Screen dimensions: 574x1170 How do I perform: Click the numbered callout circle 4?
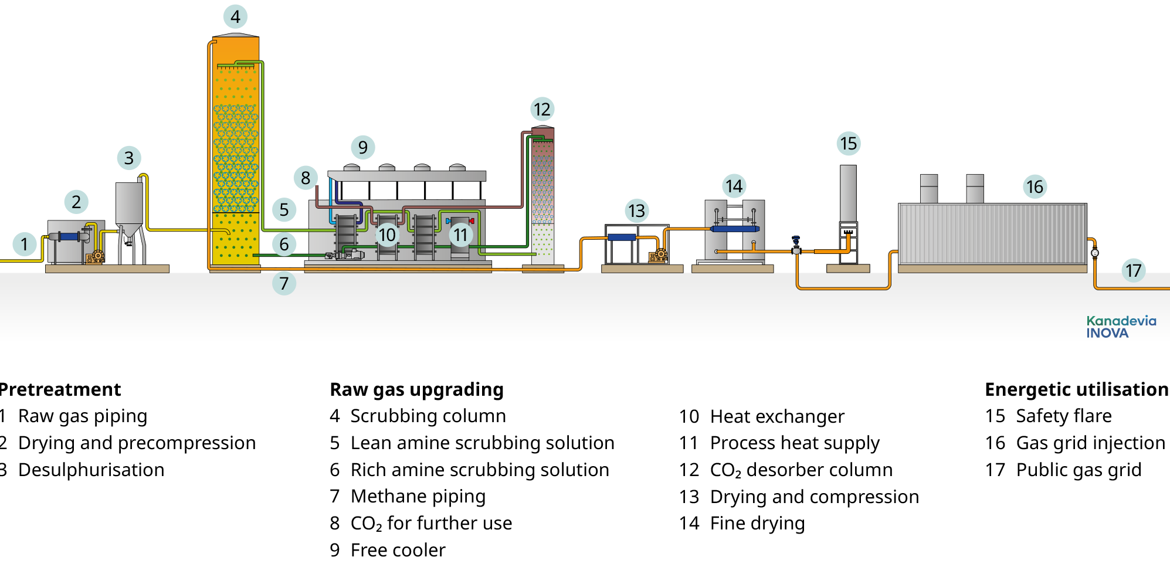coord(235,16)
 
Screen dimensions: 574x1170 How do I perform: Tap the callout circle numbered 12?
coord(542,109)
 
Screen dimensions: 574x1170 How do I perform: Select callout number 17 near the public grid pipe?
coord(1133,270)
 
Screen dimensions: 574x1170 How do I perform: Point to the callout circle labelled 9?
coord(363,147)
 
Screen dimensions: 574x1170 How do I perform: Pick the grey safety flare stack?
coord(848,193)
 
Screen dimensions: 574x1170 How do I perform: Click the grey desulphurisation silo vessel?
coord(129,205)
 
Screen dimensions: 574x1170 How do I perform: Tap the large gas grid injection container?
coord(992,233)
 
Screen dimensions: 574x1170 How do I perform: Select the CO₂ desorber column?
coord(542,193)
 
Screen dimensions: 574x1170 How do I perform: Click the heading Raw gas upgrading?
coord(416,389)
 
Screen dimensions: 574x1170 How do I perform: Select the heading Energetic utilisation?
coord(1076,389)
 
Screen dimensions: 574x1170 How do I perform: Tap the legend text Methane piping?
coord(418,497)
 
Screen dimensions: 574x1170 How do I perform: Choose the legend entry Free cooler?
coord(398,550)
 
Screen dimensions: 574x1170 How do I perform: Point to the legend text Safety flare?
coord(1063,416)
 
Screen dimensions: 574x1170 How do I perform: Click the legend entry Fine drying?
coord(757,523)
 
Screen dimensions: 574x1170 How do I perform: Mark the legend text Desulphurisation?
coord(91,470)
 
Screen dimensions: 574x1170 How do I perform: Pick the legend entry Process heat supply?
coord(795,443)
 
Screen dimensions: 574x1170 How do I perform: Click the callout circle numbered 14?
coord(734,186)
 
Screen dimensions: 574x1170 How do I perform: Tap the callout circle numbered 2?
coord(76,202)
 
